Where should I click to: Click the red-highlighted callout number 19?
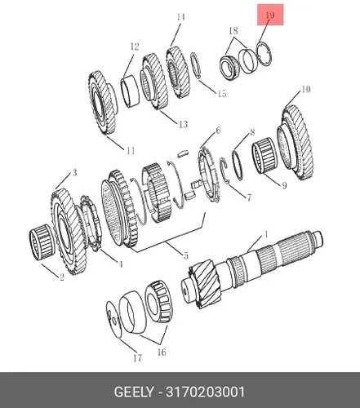tap(270, 15)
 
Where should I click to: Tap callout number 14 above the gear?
tap(180, 17)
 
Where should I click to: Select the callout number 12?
tap(135, 47)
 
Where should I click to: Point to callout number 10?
tap(306, 89)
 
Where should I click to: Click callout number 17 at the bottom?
tap(138, 358)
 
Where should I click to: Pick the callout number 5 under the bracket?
tap(186, 255)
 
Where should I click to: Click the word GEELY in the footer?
tap(133, 392)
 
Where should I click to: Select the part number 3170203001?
tap(206, 392)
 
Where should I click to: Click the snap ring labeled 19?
tap(264, 55)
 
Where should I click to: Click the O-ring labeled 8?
tap(238, 165)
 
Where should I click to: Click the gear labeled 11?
tap(103, 103)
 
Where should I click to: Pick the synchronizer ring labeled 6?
tap(208, 175)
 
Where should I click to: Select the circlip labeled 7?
tap(224, 171)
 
